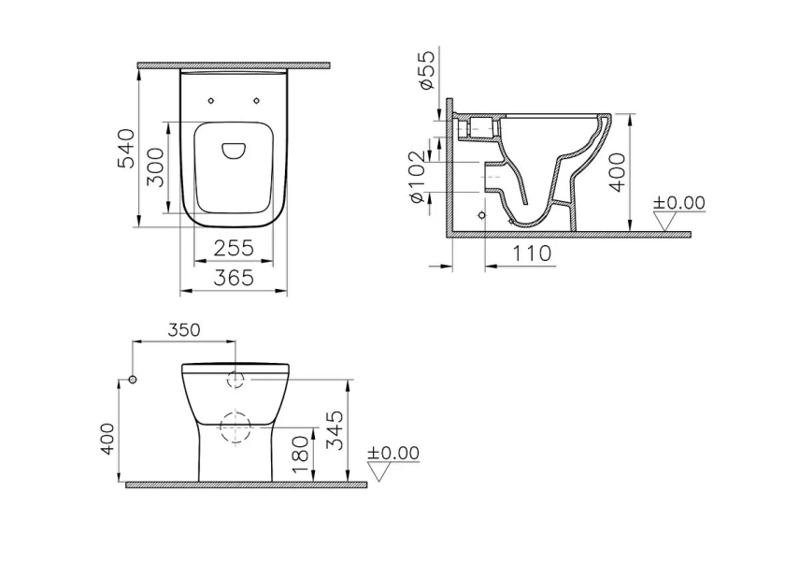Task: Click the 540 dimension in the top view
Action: click(125, 149)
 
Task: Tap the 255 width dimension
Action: click(234, 248)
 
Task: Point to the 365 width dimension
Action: click(234, 278)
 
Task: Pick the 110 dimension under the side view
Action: click(531, 253)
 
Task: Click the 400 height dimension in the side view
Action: click(617, 172)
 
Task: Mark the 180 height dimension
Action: click(300, 455)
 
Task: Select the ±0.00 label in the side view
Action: click(678, 203)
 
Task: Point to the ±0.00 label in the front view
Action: click(392, 453)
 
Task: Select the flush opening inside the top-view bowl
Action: click(234, 150)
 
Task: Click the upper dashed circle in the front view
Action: click(234, 380)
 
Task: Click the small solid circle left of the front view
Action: click(133, 380)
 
